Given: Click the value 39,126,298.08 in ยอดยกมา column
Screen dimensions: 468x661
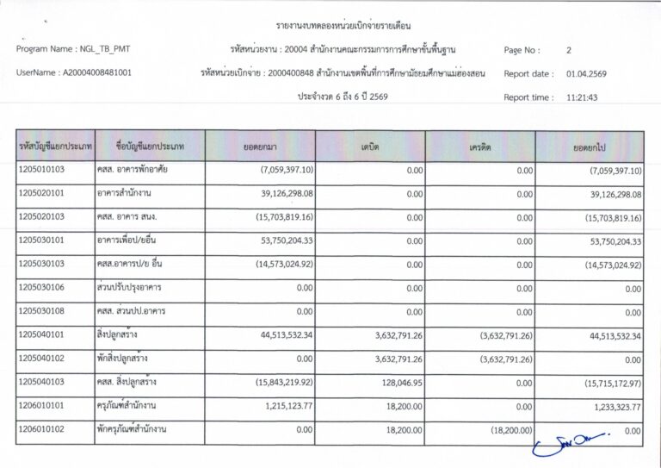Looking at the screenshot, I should pyautogui.click(x=287, y=194).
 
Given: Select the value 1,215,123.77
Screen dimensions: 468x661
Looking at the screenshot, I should pyautogui.click(x=291, y=405).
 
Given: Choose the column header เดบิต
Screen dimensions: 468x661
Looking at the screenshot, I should pyautogui.click(x=370, y=147).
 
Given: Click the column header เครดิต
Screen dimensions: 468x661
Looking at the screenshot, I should pyautogui.click(x=480, y=147).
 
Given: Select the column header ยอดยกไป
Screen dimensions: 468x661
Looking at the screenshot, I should pyautogui.click(x=590, y=147).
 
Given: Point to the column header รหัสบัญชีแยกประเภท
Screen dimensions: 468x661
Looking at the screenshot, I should pyautogui.click(x=54, y=147).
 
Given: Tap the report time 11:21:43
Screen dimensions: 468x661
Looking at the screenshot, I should pyautogui.click(x=582, y=97).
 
